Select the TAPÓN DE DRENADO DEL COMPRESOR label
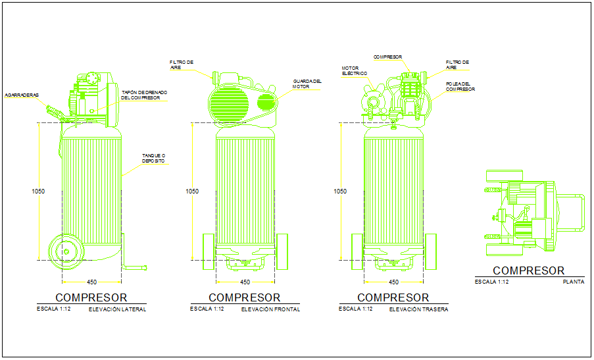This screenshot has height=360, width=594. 143,95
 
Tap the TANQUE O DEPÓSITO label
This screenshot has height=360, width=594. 153,159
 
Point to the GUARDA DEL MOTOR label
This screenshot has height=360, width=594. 307,84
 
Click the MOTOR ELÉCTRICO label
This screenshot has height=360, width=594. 354,70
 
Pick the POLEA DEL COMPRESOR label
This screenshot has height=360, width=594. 460,86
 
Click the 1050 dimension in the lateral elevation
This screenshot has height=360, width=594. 38,192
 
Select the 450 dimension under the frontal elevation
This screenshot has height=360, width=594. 245,282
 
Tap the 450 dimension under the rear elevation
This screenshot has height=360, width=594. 393,282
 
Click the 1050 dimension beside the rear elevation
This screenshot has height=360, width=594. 340,192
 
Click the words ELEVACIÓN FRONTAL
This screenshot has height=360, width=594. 270,309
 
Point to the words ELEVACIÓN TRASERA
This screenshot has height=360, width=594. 418,309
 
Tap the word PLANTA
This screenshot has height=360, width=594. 573,282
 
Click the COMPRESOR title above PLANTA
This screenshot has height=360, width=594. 528,270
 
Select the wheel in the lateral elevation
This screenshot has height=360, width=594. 66,250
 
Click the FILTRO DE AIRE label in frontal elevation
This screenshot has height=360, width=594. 182,64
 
